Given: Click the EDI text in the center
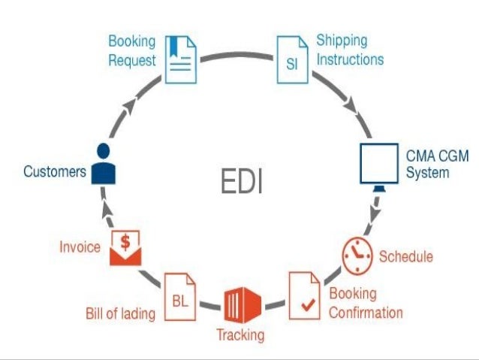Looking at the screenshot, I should [x=242, y=181].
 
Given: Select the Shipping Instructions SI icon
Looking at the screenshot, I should [x=291, y=59].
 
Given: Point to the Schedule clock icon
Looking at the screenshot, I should [x=357, y=256].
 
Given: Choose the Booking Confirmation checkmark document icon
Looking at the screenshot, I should [x=305, y=295].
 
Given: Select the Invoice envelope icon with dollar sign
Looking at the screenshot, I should [x=126, y=248].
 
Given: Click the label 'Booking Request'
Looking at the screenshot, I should [x=131, y=50].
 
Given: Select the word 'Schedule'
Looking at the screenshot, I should [x=405, y=256].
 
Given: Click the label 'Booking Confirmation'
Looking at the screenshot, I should [x=366, y=303].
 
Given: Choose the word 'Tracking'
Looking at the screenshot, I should [x=240, y=335].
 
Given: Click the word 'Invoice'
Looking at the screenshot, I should [x=80, y=247].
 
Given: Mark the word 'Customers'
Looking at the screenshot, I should [x=55, y=171].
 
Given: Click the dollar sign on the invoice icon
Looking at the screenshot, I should [x=126, y=242].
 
